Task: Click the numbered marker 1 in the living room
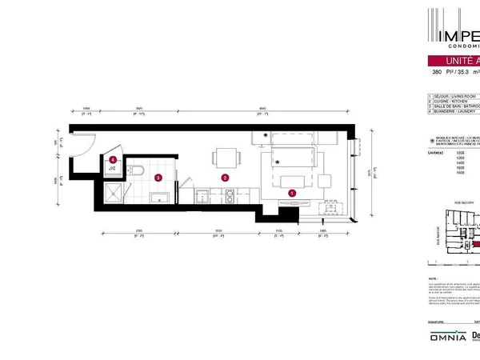(292, 192)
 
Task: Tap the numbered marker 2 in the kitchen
(226, 178)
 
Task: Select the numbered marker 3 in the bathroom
(158, 178)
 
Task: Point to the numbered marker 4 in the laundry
(114, 160)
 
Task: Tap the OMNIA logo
(446, 337)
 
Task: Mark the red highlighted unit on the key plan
(475, 246)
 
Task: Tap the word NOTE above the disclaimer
(434, 277)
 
